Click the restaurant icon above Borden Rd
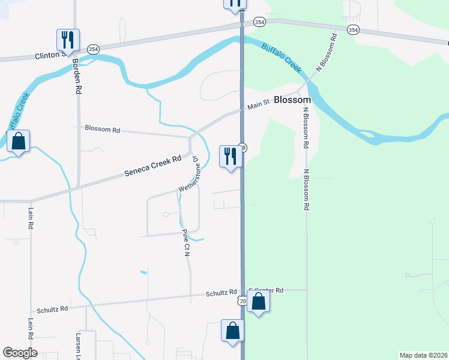click(x=68, y=40)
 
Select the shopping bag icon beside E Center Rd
click(x=258, y=302)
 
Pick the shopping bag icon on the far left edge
click(x=19, y=142)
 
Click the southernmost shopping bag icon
click(x=232, y=331)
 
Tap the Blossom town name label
click(x=292, y=100)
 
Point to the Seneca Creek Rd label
click(x=152, y=167)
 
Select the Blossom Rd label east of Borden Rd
click(x=103, y=128)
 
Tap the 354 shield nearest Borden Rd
click(x=93, y=49)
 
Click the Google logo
click(x=20, y=353)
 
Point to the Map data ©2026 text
click(x=424, y=355)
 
